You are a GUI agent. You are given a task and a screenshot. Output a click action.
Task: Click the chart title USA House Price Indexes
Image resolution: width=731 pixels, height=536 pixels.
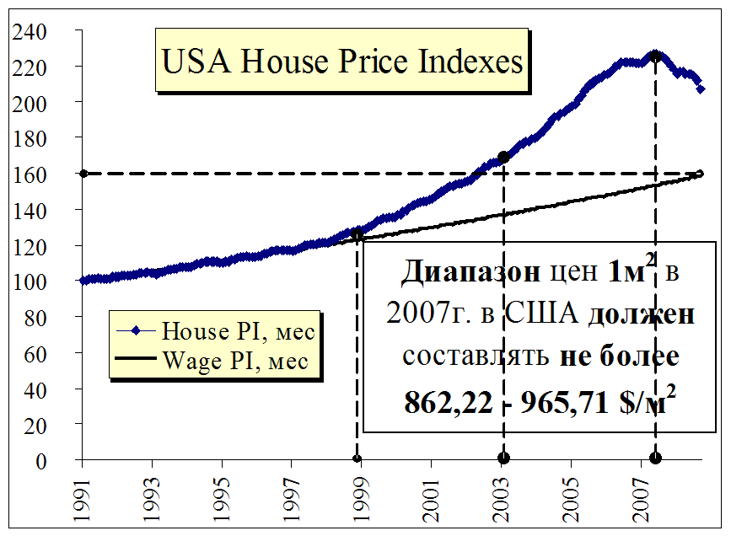(x=341, y=62)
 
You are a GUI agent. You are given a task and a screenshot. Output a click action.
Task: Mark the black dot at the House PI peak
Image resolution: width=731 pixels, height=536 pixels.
(x=655, y=56)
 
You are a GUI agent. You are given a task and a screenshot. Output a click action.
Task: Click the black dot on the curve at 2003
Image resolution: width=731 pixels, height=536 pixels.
(x=503, y=157)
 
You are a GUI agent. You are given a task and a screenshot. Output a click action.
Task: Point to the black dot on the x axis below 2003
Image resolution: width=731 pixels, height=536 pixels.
(x=503, y=458)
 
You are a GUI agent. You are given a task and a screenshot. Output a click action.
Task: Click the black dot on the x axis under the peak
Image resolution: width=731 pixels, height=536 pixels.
(x=655, y=458)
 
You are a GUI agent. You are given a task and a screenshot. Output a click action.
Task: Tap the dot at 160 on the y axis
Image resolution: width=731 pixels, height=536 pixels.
(x=83, y=174)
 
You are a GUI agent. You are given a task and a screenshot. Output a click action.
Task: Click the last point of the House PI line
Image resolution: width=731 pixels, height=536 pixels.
(x=701, y=88)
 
